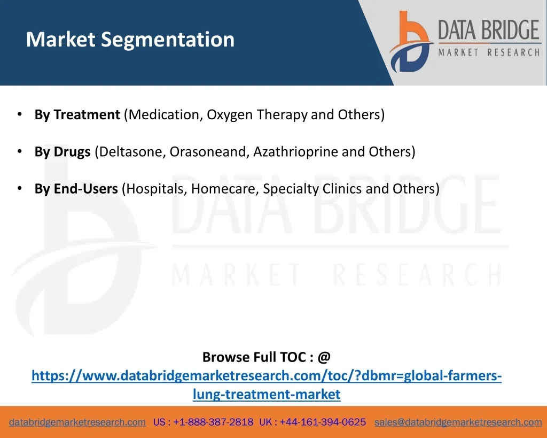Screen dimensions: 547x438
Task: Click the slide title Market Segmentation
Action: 130,40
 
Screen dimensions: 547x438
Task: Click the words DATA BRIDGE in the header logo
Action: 489,30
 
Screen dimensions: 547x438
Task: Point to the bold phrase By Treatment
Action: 77,114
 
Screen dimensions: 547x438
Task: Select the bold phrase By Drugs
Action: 62,151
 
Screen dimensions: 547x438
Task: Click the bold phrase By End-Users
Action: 76,189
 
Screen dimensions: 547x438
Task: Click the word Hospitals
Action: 157,189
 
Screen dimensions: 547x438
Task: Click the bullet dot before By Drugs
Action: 20,151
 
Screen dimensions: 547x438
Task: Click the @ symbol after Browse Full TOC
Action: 324,357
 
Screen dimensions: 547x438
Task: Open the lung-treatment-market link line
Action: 267,394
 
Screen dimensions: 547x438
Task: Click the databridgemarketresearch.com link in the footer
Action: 77,422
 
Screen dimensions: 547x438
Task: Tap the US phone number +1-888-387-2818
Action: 213,422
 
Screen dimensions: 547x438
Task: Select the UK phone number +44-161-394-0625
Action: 323,422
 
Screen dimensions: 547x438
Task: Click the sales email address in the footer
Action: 458,422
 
